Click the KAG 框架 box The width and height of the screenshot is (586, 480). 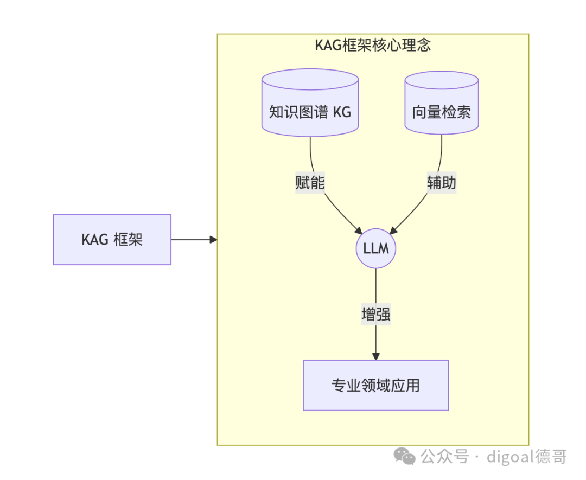coord(112,239)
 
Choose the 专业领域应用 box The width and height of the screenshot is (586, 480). coord(376,385)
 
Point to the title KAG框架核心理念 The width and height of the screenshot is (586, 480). coord(373,45)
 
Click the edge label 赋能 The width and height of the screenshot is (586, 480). coord(310,183)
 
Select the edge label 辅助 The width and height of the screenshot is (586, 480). coord(442,183)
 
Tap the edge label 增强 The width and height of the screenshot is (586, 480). coord(376,315)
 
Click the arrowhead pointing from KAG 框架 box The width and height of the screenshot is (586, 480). coord(214,239)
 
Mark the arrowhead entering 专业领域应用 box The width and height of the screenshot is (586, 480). coord(376,356)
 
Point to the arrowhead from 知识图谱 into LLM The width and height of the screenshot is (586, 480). coord(359,230)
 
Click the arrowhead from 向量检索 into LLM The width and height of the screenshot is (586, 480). coord(394,230)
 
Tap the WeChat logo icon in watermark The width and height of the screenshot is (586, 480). coord(405,457)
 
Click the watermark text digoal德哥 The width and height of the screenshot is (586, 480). coord(526,457)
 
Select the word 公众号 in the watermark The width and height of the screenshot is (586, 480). coord(444,457)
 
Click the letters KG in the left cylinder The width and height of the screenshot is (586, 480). coord(342,112)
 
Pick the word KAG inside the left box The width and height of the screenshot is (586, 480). coord(95,239)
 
